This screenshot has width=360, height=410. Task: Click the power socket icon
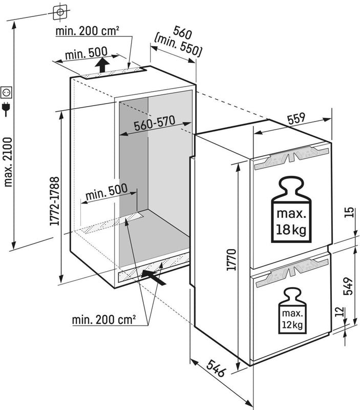(x=7, y=92)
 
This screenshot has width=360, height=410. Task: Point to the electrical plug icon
(x=7, y=109)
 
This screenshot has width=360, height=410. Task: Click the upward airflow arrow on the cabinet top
(x=103, y=65)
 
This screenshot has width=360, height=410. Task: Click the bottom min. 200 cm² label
(x=104, y=320)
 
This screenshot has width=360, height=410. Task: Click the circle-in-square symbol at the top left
(x=60, y=10)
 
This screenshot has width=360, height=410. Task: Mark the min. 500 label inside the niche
(x=106, y=194)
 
